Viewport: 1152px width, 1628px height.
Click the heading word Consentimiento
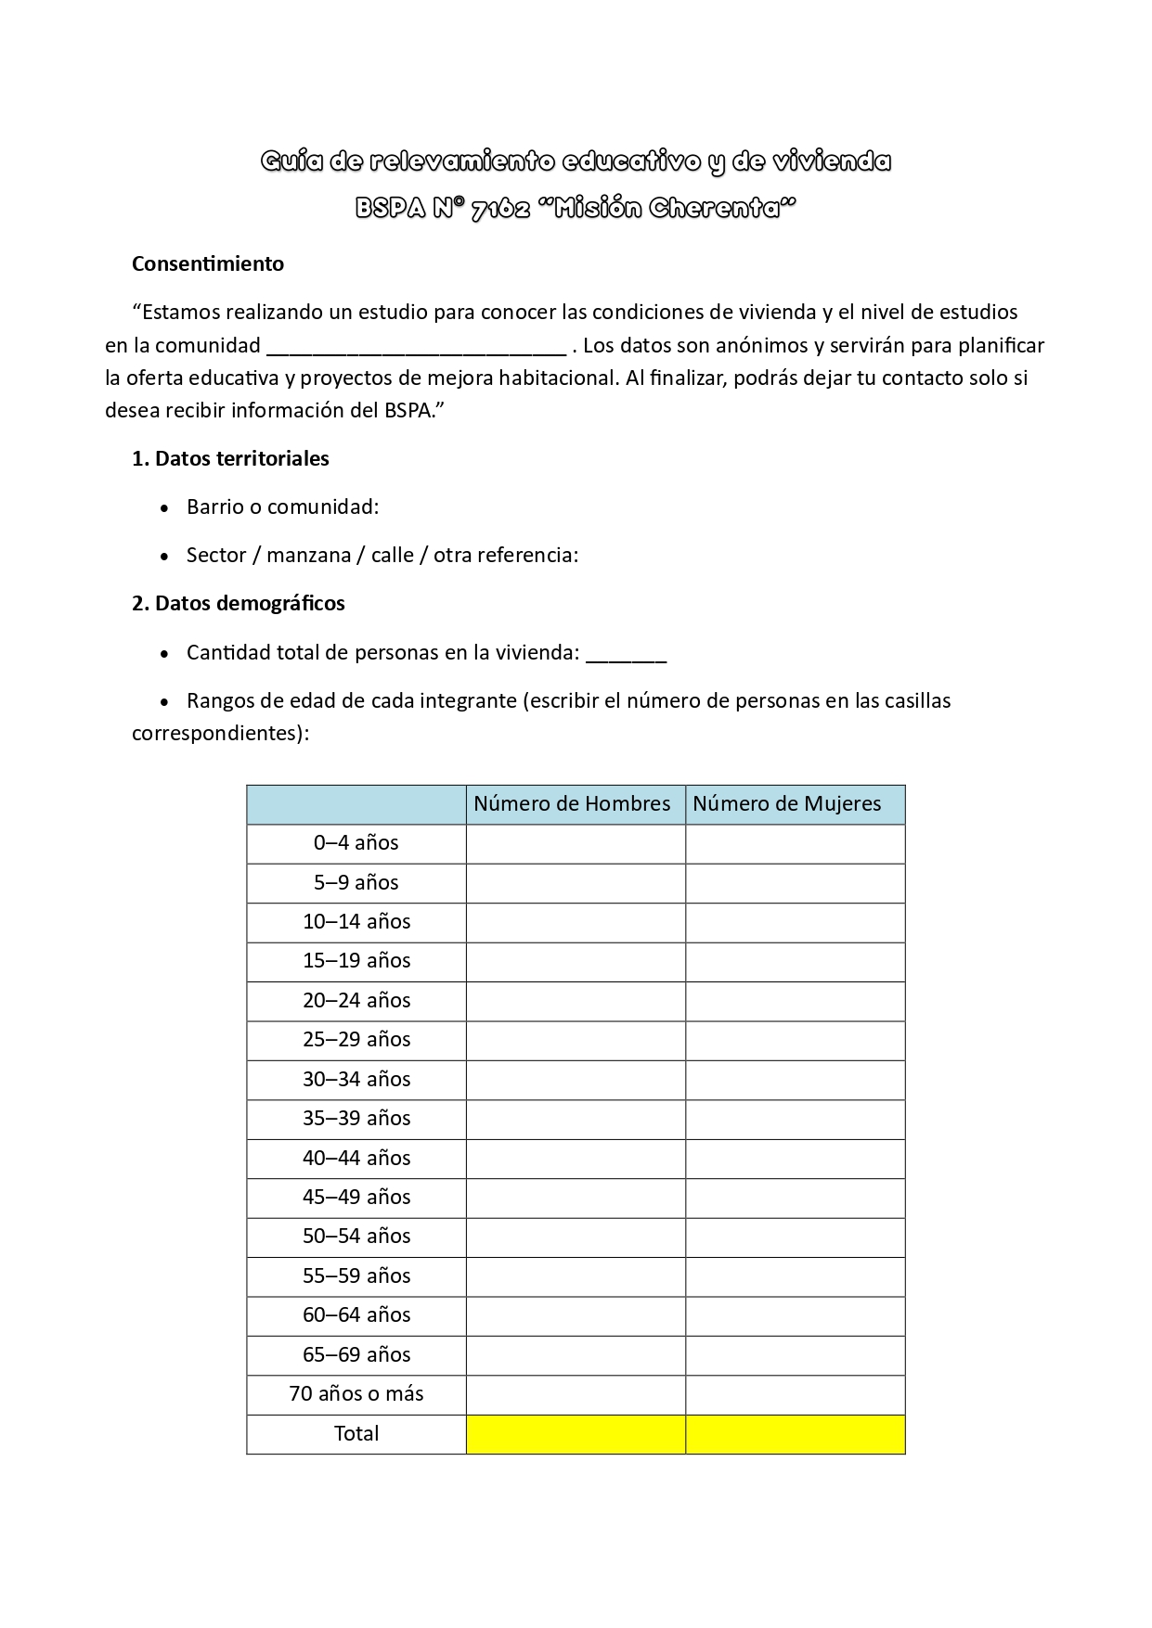click(207, 263)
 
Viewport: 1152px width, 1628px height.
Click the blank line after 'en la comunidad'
click(416, 347)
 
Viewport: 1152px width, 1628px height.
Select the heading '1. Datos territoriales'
click(230, 458)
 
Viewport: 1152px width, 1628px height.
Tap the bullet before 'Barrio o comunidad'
click(165, 508)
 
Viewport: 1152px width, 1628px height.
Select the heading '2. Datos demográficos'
click(238, 603)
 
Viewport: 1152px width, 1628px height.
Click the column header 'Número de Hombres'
click(572, 803)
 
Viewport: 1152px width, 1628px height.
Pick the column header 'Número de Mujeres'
click(786, 803)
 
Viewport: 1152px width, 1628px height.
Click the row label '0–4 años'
click(356, 842)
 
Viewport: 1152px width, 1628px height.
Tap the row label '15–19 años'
click(356, 960)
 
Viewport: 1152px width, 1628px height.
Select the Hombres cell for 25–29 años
click(576, 1040)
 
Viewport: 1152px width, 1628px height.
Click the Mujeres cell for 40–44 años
click(795, 1158)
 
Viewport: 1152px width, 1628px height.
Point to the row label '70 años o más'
click(356, 1393)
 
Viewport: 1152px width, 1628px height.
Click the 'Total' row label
click(356, 1433)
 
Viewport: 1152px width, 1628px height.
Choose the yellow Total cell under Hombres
click(576, 1434)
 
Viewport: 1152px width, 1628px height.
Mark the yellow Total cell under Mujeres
click(795, 1434)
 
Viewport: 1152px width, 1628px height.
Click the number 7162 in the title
click(500, 209)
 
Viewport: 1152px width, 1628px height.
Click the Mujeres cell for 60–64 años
click(795, 1315)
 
